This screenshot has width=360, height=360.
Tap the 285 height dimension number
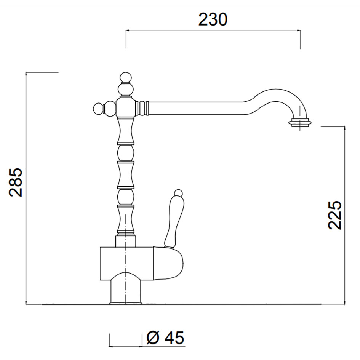coord(16,182)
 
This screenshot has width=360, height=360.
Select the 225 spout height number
coord(335,215)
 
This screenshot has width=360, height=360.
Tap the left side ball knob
coord(99,108)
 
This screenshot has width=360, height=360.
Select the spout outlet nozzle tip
coord(300,122)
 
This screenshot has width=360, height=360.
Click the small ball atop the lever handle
coord(178,193)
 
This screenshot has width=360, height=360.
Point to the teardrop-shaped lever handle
coord(174,221)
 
